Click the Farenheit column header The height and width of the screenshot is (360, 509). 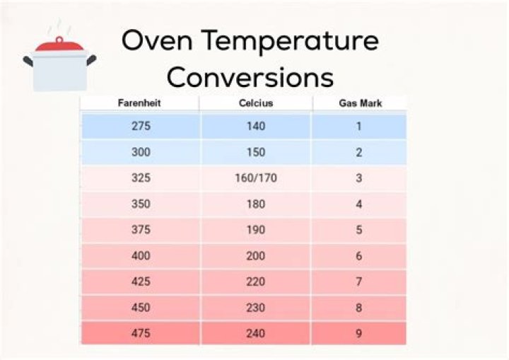[139, 104]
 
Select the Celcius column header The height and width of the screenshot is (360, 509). [255, 104]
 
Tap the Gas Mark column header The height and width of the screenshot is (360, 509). [358, 104]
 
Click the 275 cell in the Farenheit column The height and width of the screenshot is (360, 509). [141, 127]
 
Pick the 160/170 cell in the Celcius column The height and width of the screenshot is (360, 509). [255, 178]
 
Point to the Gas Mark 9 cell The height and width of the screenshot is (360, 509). [358, 333]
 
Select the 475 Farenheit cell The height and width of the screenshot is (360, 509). [141, 333]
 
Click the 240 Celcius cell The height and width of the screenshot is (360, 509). [255, 333]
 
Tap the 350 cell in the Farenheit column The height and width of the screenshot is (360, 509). [141, 204]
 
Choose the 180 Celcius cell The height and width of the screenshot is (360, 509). [255, 204]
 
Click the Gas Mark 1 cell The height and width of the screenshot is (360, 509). [358, 127]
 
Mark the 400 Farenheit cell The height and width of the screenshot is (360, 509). [141, 256]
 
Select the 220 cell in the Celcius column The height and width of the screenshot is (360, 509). [255, 281]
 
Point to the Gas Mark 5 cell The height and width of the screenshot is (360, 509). [358, 230]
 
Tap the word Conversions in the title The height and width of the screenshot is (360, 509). [250, 76]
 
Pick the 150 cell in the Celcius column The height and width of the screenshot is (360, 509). [255, 152]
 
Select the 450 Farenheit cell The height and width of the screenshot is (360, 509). [141, 308]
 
